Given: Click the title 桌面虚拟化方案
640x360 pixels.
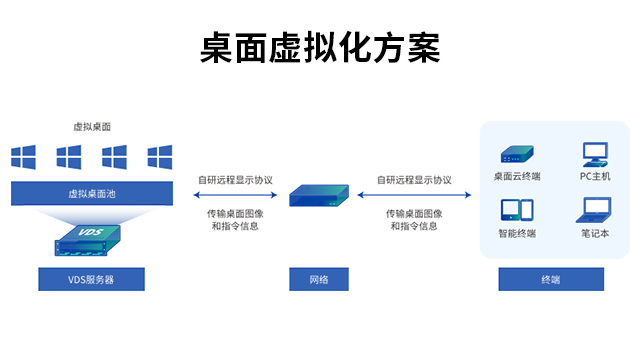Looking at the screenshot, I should (x=320, y=48).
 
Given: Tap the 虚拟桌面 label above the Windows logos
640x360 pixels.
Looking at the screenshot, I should (x=92, y=127).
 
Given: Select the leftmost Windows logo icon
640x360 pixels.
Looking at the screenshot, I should (x=23, y=157).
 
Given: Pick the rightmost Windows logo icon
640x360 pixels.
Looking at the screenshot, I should (x=160, y=157).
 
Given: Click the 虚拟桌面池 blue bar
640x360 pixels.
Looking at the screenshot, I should (x=92, y=194).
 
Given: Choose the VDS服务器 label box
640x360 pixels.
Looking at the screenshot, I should (x=91, y=279).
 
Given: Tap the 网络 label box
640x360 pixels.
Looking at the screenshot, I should (x=319, y=279).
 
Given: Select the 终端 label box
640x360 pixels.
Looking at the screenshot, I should (x=551, y=279).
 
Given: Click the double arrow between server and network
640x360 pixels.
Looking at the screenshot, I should (x=234, y=195).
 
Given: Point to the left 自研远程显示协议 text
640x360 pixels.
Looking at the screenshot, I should (x=235, y=180).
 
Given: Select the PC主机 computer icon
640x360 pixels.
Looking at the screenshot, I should (x=595, y=153).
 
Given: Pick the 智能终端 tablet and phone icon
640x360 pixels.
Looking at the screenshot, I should (x=516, y=211).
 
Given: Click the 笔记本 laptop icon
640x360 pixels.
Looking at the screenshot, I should (x=594, y=210).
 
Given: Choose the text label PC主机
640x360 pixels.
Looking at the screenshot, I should (x=594, y=177).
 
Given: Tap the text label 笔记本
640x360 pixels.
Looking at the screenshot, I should (x=594, y=234).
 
